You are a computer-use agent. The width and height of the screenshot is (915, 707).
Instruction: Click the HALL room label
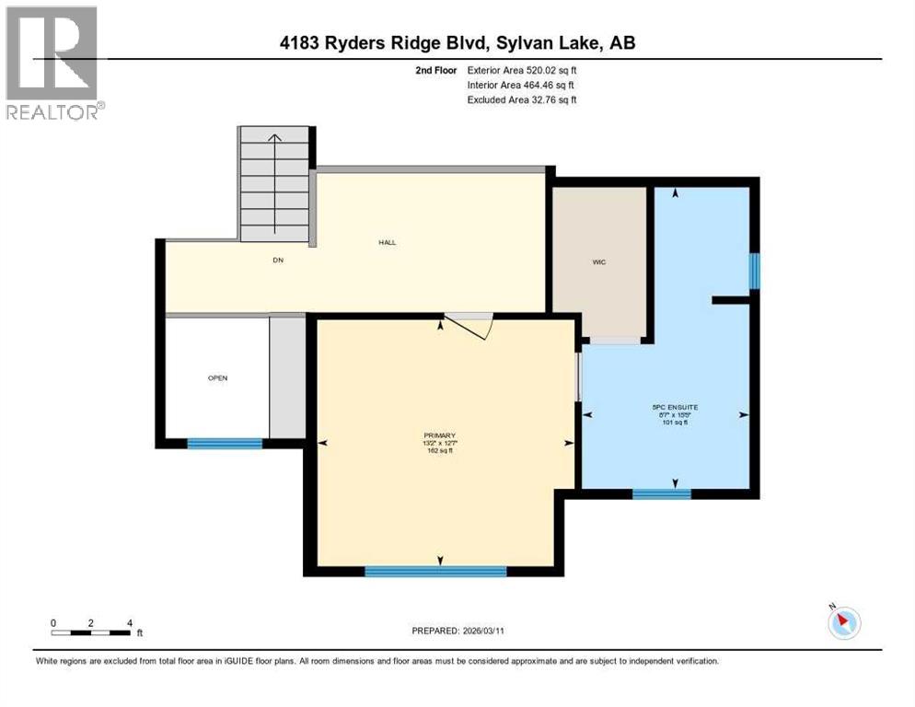387,243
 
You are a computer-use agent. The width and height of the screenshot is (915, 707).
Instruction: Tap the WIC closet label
598,262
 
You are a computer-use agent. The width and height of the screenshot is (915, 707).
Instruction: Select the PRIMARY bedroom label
440,435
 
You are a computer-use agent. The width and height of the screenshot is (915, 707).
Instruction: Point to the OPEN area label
217,377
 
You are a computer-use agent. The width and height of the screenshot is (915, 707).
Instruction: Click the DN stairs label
278,261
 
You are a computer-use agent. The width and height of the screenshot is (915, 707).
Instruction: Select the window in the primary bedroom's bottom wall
435,572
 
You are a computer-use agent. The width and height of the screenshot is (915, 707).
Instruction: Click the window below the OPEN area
225,444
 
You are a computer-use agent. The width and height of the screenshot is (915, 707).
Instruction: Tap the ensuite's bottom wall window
661,494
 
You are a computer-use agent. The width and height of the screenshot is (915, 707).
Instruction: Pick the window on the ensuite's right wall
754,271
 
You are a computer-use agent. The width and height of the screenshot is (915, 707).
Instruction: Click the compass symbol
842,623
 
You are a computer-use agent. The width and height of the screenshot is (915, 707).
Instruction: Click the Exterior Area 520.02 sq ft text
522,70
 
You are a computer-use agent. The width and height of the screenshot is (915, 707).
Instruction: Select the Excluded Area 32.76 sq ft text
522,99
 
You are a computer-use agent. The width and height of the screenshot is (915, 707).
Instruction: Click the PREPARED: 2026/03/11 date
457,631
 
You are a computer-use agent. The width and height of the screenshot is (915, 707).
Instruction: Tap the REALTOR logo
52,63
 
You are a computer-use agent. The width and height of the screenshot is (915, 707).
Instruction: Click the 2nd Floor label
435,70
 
